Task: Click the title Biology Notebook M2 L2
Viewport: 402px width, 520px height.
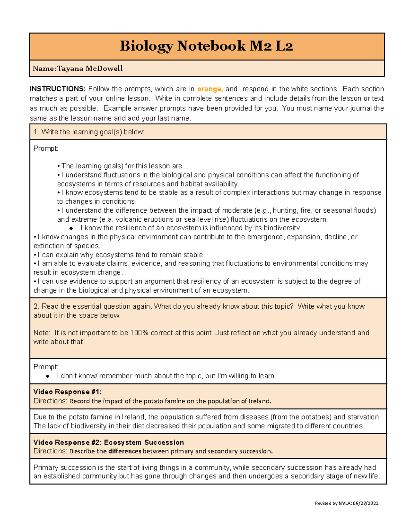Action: click(x=206, y=46)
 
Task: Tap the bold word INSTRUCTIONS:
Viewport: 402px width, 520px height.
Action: click(x=58, y=89)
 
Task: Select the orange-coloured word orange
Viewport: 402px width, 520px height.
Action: click(x=210, y=89)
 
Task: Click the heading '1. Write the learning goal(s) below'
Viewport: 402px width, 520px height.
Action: click(x=89, y=132)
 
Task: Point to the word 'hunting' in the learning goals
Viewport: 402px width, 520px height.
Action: click(x=285, y=210)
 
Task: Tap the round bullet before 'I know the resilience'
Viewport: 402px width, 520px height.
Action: click(x=71, y=228)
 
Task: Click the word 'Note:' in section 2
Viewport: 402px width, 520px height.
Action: click(x=42, y=333)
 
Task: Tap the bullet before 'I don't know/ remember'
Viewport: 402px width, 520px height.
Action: click(x=48, y=376)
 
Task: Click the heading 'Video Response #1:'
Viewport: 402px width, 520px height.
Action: click(x=67, y=392)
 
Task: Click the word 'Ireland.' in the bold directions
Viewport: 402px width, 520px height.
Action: click(x=260, y=401)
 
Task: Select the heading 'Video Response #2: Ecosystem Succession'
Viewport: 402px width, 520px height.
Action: click(x=109, y=442)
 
